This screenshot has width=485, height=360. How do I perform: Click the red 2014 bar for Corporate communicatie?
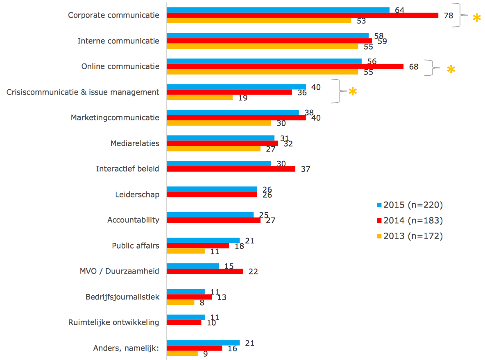point(302,15)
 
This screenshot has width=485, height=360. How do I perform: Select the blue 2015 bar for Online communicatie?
point(264,61)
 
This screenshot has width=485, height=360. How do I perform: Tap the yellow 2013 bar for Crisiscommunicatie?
point(199,97)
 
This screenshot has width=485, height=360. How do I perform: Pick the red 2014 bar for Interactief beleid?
point(231,169)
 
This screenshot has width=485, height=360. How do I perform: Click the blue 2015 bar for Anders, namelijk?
point(203,343)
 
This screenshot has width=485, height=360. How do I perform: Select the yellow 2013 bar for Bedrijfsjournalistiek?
point(180,302)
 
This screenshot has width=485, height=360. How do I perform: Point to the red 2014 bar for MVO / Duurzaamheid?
point(205,271)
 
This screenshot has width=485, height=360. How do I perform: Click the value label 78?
point(449,16)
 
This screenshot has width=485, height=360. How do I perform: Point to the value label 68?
point(413,66)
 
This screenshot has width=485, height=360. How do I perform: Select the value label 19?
point(243,98)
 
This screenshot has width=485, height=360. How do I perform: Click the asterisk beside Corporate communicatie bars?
point(477,18)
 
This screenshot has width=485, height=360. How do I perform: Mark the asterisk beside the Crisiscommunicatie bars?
point(353,92)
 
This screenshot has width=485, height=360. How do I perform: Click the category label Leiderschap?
point(137,194)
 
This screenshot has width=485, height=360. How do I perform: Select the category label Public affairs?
point(136,246)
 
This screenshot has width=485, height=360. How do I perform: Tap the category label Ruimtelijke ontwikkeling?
point(113,322)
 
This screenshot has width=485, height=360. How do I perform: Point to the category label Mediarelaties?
point(135,143)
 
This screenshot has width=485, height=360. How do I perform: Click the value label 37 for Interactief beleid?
point(305,169)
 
